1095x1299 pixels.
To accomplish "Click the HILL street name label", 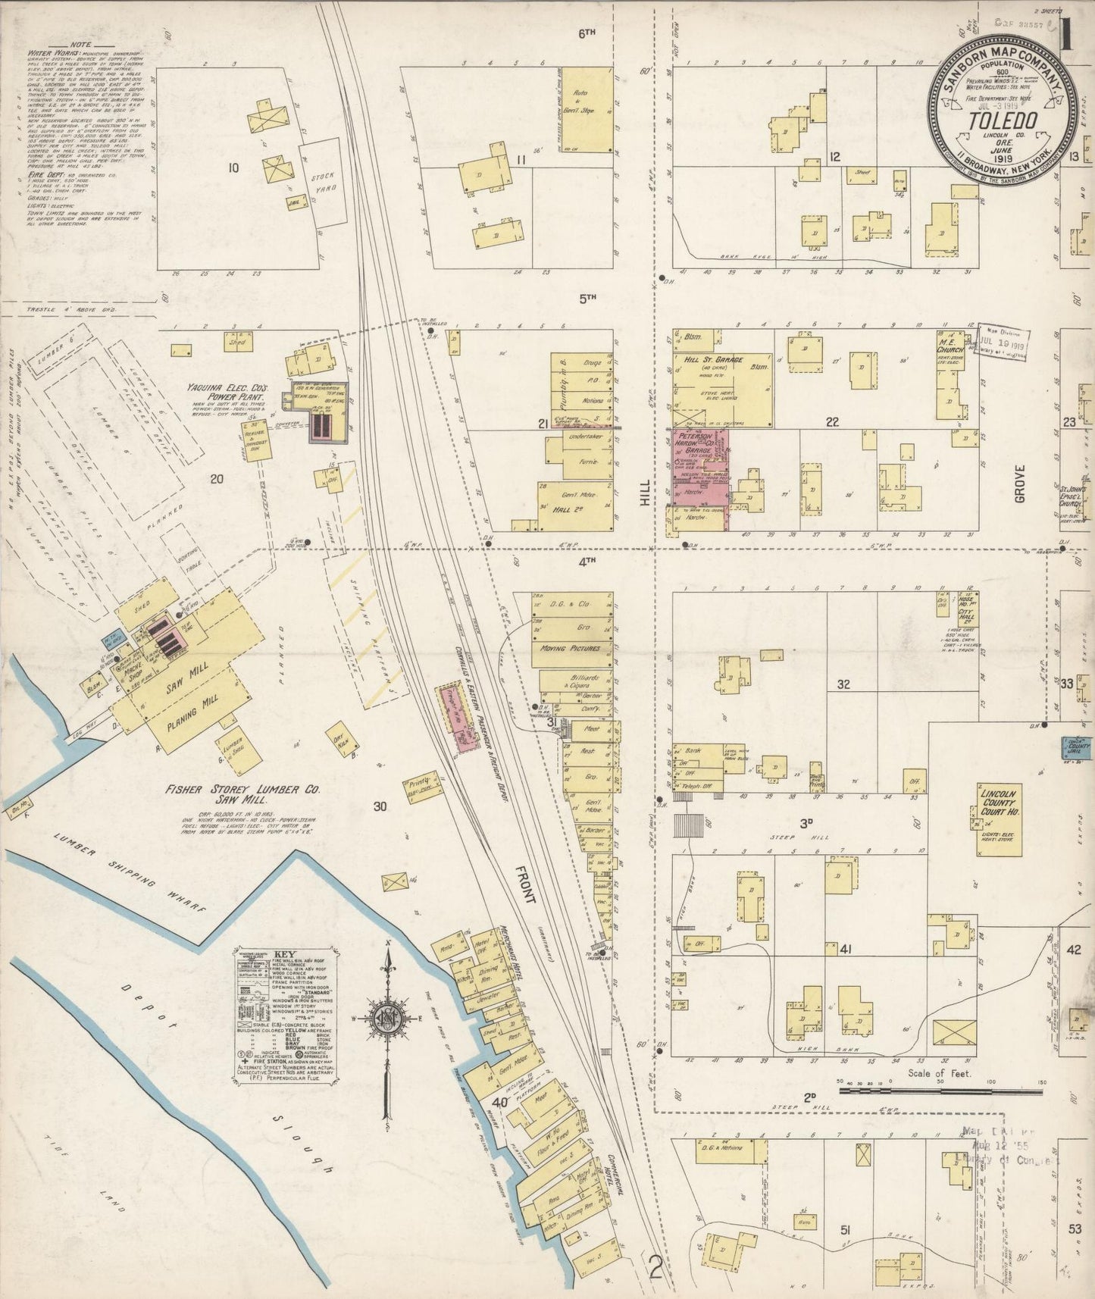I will pos(645,496).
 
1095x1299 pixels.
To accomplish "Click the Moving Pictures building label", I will pos(570,649).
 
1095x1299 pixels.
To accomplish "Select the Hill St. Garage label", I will pos(713,359).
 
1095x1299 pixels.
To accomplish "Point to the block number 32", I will pos(843,684).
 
